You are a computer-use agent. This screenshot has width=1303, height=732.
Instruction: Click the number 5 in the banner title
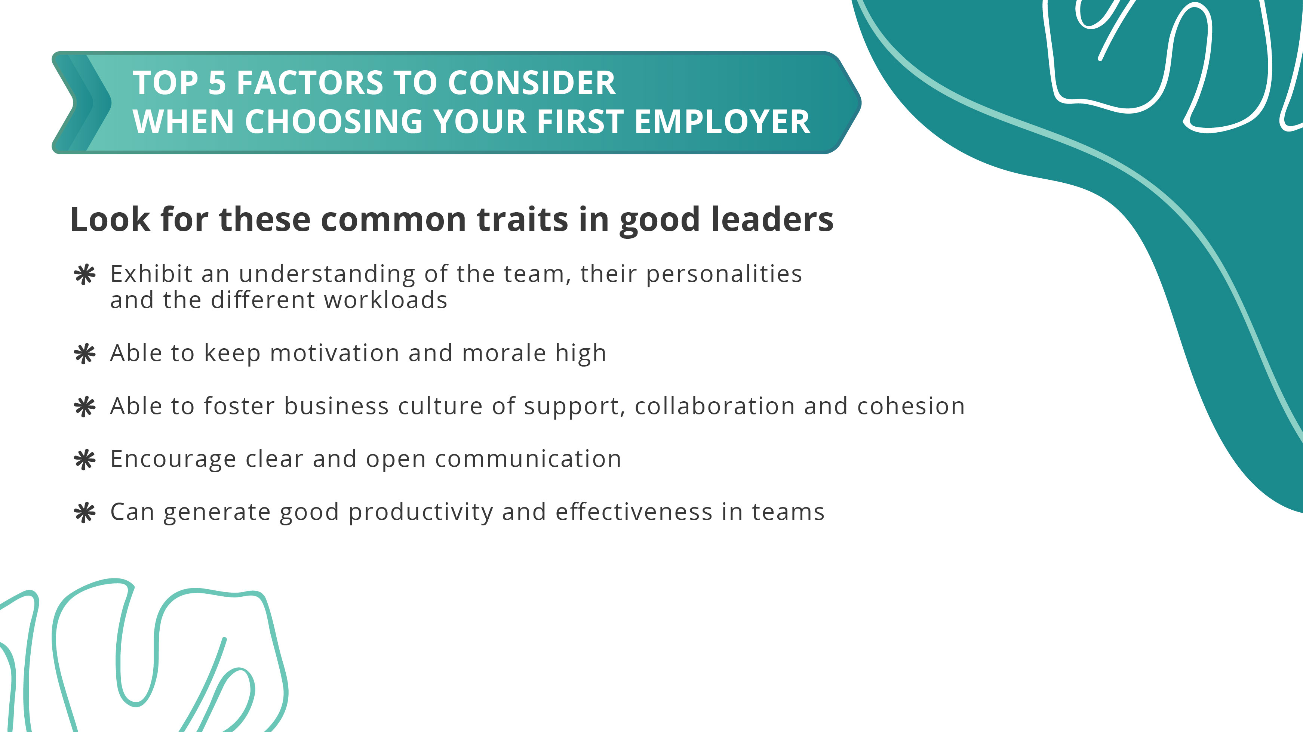(217, 83)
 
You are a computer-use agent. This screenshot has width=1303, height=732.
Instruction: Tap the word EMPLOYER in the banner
(722, 122)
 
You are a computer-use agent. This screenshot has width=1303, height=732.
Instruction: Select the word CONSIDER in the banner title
(532, 83)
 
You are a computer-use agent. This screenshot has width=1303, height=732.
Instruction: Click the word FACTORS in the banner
(310, 83)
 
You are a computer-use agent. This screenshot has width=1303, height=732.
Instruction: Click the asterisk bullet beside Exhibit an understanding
(84, 275)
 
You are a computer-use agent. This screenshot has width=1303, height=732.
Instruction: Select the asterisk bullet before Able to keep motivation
(84, 353)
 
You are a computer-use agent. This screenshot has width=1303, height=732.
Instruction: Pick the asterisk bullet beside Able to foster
(84, 407)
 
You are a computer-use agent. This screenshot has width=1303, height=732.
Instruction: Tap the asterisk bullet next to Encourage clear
(84, 460)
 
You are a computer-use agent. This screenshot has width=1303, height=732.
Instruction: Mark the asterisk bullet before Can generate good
(84, 513)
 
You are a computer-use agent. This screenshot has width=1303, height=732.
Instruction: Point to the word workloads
(385, 300)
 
